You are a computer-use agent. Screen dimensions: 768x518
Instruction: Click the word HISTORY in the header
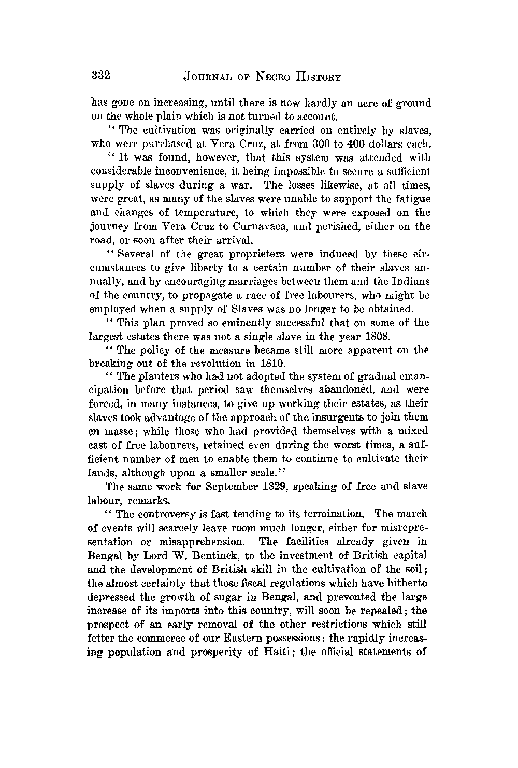click(x=315, y=77)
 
